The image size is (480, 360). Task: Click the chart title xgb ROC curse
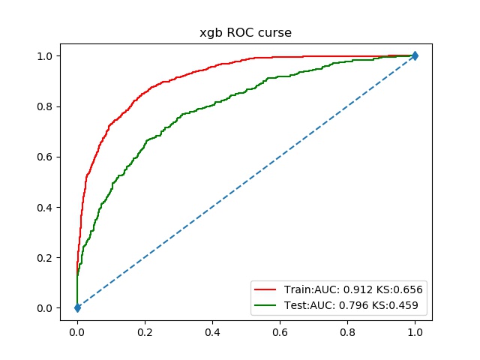[246, 33]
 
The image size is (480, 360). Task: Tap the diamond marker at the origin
[77, 307]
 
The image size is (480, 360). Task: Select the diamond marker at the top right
[415, 55]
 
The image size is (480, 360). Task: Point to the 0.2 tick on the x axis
[145, 328]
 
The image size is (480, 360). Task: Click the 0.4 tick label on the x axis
[212, 328]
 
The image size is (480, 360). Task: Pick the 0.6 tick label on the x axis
[280, 328]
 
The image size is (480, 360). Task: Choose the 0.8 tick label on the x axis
[347, 328]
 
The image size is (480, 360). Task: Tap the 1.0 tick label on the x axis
[415, 328]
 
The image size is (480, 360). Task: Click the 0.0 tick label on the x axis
[77, 328]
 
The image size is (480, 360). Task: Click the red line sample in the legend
[265, 289]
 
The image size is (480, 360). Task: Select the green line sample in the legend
[265, 304]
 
